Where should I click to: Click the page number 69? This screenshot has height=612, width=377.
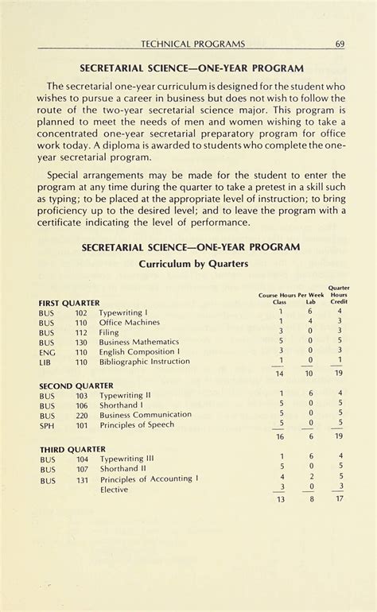tap(339, 43)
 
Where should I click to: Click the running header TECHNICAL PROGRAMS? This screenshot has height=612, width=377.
tap(192, 43)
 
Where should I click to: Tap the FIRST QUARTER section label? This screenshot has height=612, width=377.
tap(69, 303)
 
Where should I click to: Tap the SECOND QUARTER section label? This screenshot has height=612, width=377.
tap(76, 385)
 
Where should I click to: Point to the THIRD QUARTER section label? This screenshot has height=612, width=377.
tap(72, 449)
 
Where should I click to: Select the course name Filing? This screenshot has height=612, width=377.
tap(110, 332)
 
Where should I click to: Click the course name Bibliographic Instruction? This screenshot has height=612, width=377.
tap(144, 361)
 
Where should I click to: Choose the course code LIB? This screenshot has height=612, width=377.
tap(45, 362)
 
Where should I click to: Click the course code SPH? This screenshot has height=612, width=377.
tap(47, 424)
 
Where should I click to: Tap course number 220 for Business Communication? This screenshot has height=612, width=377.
tap(81, 415)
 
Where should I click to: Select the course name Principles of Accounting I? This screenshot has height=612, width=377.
tap(149, 478)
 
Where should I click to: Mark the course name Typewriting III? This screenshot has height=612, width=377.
tap(126, 459)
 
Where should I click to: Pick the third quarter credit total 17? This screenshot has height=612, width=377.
tap(340, 500)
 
